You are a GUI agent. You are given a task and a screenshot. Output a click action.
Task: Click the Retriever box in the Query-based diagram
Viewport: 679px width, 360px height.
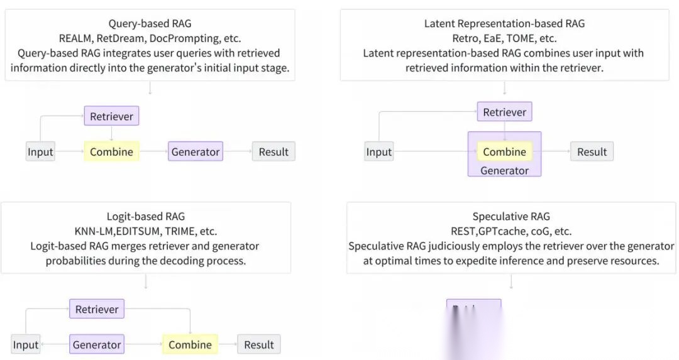(x=111, y=116)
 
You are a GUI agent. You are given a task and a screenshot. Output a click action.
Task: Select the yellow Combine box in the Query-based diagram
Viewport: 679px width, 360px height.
(x=111, y=151)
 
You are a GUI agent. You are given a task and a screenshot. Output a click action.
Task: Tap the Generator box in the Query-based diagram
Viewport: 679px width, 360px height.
(x=196, y=151)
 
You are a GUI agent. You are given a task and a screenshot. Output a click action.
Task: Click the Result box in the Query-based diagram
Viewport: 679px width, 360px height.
(x=273, y=151)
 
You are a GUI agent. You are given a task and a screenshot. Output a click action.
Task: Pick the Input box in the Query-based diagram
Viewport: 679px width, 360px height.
(x=40, y=151)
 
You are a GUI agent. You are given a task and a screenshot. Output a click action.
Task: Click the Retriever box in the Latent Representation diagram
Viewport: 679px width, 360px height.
(x=504, y=112)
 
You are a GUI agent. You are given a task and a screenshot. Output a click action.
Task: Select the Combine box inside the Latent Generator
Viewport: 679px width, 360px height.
(x=504, y=151)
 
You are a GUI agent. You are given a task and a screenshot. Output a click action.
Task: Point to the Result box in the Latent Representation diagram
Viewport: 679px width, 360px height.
(x=592, y=151)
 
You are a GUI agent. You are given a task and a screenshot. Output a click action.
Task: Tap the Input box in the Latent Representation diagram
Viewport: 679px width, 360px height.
(x=378, y=151)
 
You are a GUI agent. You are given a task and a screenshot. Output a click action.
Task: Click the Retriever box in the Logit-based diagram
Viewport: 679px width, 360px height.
(x=97, y=309)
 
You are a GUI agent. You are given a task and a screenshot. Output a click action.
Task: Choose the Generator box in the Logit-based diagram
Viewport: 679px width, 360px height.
(x=97, y=344)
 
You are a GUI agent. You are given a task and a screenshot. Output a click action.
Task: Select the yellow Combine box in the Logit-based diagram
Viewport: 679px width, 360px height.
(x=190, y=344)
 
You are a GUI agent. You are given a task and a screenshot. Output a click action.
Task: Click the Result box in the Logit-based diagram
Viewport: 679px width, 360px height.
(x=259, y=344)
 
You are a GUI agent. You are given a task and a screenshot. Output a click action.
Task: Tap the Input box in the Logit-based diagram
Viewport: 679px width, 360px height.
(x=26, y=344)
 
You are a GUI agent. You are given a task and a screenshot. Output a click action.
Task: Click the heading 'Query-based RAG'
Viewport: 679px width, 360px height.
(x=149, y=24)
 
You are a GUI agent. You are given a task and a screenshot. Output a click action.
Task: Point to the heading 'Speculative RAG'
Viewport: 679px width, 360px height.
(x=511, y=217)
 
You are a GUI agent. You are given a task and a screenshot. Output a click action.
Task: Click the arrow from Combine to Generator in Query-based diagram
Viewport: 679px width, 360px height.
(x=153, y=151)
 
